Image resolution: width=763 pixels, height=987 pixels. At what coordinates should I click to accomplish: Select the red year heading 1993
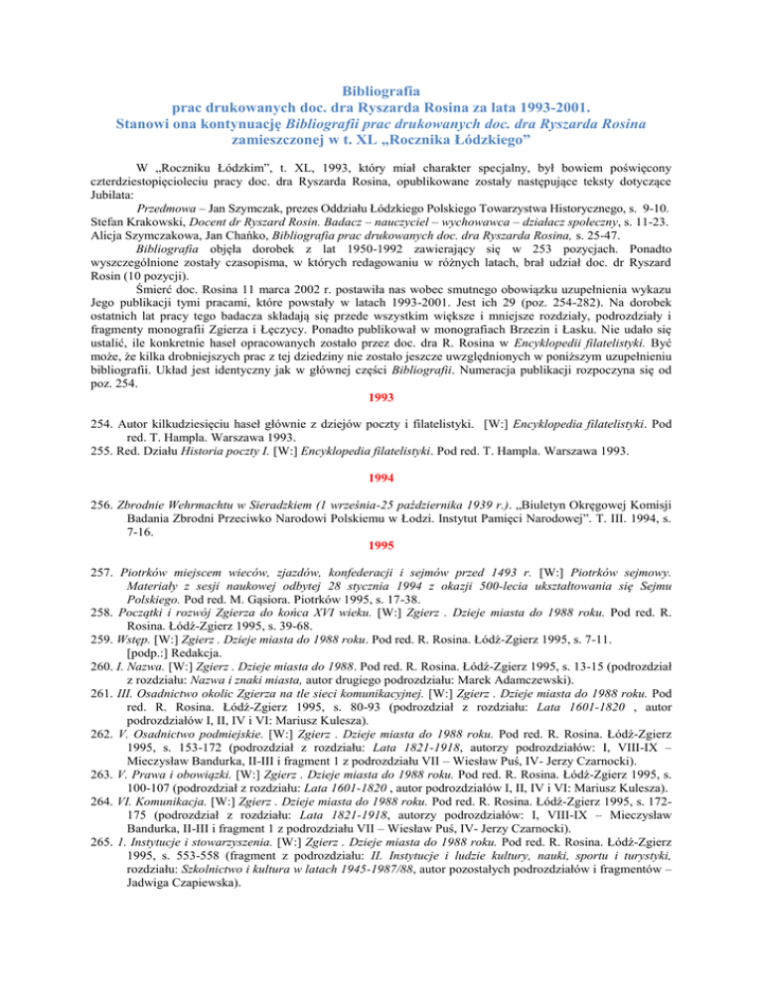(x=381, y=369)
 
